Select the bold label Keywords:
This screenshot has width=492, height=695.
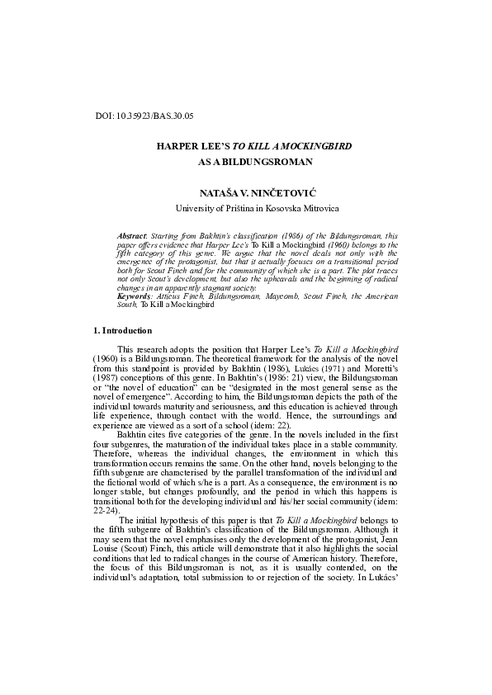[x=135, y=295]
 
